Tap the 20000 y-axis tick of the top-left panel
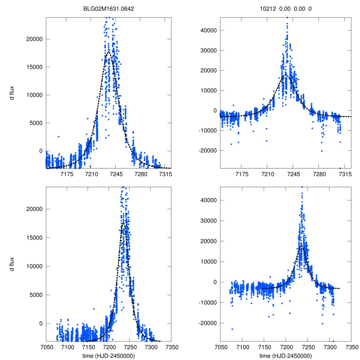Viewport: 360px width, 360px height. [33, 39]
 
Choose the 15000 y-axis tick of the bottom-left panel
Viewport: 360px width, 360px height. [33, 238]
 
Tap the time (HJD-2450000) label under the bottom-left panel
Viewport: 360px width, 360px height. [109, 355]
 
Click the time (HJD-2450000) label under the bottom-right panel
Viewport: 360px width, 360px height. [285, 355]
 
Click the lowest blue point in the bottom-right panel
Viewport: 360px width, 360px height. [333, 341]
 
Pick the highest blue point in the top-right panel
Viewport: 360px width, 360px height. [287, 17]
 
